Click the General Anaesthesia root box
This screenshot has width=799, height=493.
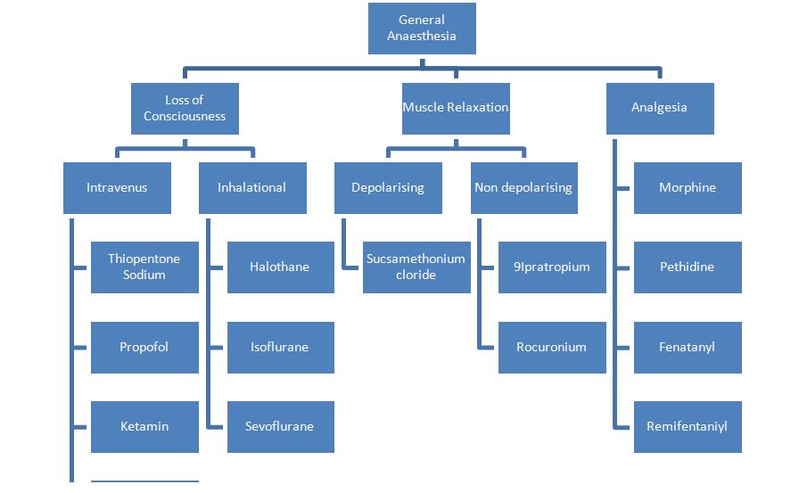422,28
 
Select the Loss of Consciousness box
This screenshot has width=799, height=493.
185,108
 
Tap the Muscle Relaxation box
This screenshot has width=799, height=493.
456,108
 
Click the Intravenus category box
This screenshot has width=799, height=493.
117,188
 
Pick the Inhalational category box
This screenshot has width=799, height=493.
252,188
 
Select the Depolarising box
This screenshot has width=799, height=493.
388,188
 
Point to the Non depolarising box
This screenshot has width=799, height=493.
523,188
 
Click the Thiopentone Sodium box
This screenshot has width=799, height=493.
144,267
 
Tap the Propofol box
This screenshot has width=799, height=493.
144,347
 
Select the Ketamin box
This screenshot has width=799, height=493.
144,426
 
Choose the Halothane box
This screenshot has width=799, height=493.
280,267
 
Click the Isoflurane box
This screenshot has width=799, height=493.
280,347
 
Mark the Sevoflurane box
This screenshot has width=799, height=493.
280,426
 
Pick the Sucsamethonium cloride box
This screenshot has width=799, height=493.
416,267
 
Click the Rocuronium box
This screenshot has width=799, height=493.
552,347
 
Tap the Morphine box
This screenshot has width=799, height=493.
688,188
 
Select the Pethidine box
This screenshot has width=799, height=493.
688,267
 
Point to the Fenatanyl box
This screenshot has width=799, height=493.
688,347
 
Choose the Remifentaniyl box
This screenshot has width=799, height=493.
688,426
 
